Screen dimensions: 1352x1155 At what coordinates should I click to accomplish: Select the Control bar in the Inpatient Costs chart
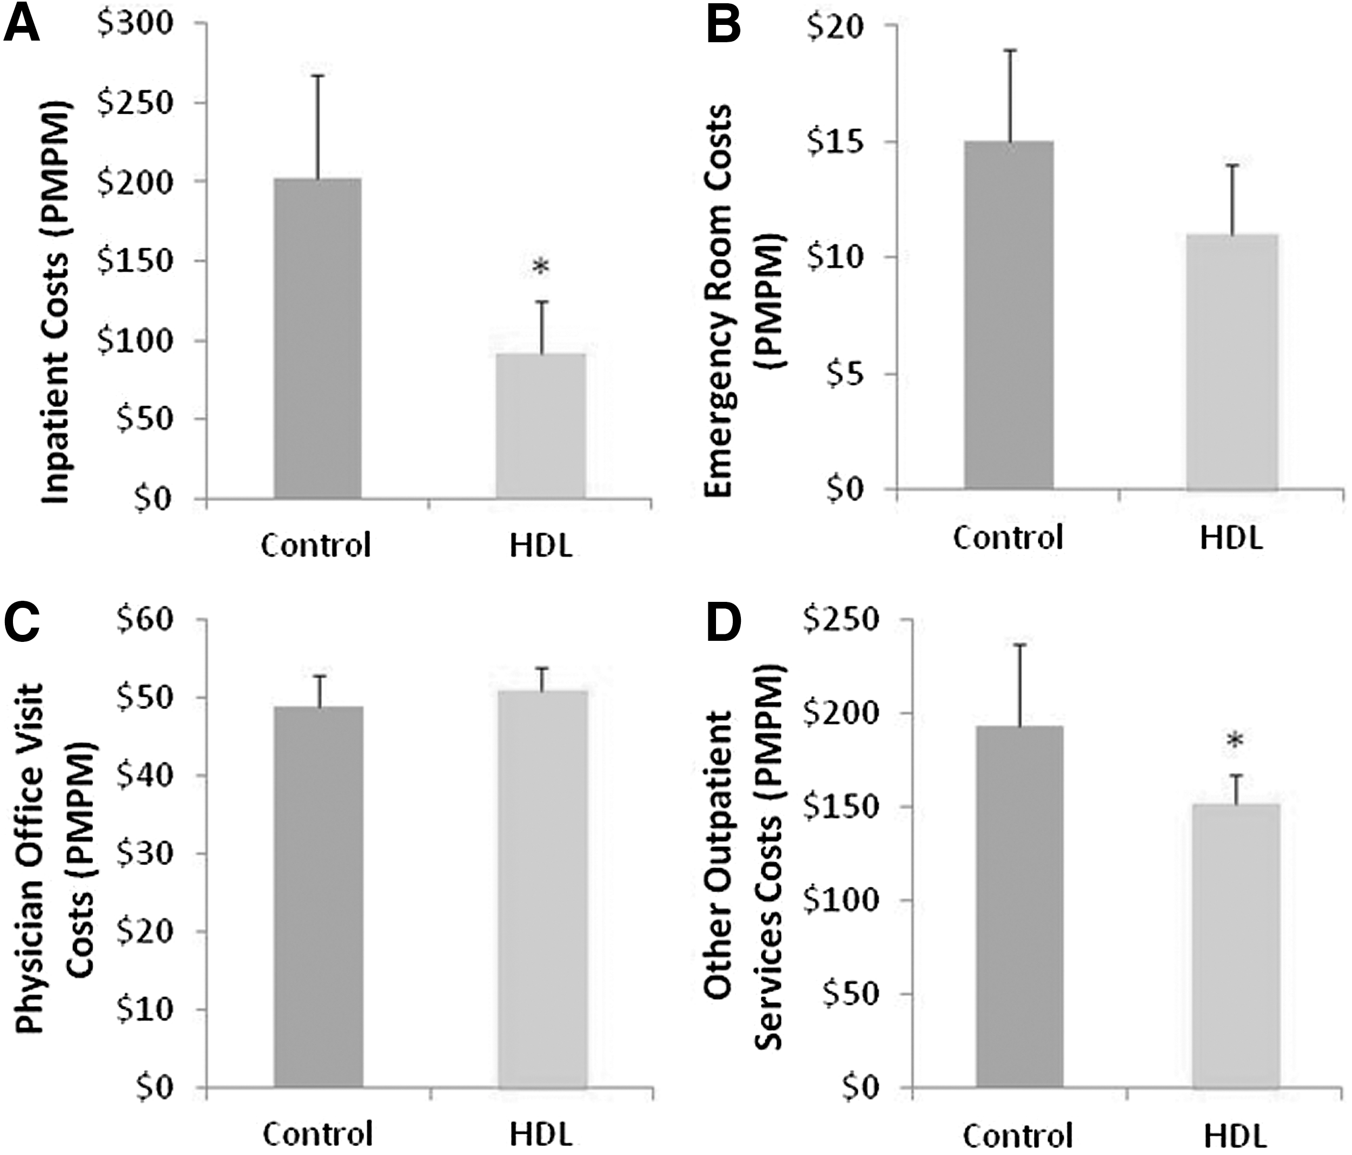tap(318, 338)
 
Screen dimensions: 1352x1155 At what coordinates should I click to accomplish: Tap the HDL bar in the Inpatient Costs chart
tap(541, 426)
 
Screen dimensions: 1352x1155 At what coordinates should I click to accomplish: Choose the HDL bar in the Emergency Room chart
tap(1232, 362)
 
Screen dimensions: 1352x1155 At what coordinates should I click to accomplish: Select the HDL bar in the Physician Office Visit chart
tap(543, 889)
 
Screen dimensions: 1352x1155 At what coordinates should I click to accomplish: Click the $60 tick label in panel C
tap(155, 620)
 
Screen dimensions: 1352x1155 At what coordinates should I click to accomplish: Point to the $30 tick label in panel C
tap(155, 854)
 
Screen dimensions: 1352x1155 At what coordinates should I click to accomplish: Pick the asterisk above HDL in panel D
tap(1235, 740)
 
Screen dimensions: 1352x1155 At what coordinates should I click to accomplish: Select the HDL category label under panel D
tap(1235, 1136)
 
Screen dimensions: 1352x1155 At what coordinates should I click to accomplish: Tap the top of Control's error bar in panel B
tap(1011, 50)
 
